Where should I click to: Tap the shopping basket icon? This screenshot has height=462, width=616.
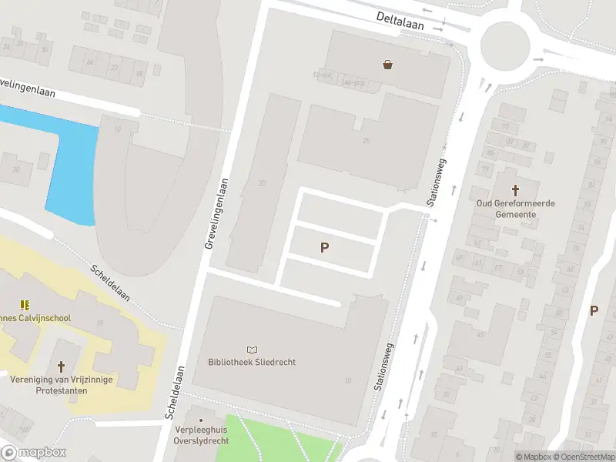point(387,65)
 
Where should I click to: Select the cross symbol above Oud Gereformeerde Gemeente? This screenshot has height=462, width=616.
point(515,189)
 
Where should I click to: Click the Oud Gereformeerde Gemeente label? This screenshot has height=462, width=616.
point(515,209)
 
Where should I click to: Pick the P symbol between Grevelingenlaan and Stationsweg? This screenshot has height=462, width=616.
point(325,247)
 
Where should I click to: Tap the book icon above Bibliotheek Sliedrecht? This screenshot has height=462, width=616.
point(252,350)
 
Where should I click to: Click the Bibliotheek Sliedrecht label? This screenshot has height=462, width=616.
point(252,362)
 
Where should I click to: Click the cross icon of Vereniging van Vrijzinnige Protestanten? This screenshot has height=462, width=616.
point(61,366)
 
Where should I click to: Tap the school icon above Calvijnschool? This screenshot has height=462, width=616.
point(25,304)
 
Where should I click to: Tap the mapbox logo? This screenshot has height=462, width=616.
point(33,452)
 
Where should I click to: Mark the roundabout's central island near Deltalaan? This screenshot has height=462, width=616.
point(505,43)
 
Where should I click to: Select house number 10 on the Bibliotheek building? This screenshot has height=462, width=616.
point(348,380)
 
